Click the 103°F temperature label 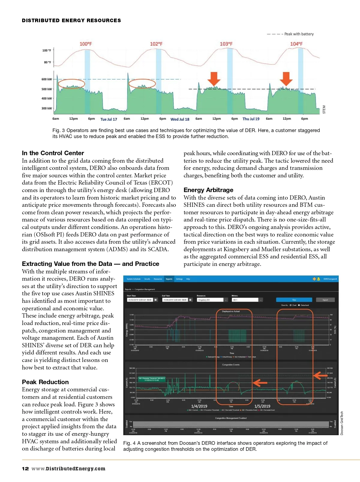(x=226, y=44)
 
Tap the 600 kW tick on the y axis (x=46, y=79)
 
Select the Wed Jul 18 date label (x=180, y=119)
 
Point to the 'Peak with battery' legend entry (x=299, y=34)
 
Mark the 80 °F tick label (x=47, y=62)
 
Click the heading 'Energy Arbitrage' (x=208, y=190)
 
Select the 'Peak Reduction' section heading (x=45, y=382)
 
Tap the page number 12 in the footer (x=25, y=468)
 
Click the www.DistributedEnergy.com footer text (x=68, y=468)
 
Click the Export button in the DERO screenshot (x=325, y=300)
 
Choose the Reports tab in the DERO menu (x=169, y=279)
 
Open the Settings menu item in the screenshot (x=179, y=279)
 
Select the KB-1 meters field (x=245, y=300)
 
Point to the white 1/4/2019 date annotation (x=199, y=406)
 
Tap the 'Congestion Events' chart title (x=231, y=365)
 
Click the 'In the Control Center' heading (x=53, y=153)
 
